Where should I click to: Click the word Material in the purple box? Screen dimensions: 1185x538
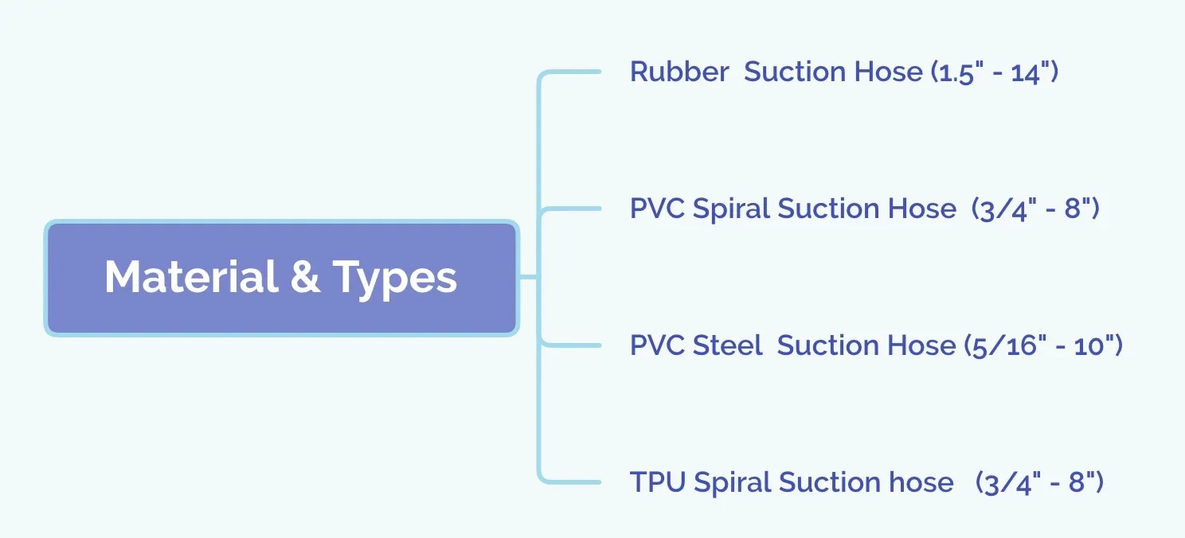191,276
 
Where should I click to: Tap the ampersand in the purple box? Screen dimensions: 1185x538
305,276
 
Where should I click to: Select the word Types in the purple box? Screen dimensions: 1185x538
395,279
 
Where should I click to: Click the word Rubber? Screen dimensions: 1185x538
679,72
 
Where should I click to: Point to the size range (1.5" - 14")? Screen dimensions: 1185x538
995,72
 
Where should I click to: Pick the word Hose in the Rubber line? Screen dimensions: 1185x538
888,72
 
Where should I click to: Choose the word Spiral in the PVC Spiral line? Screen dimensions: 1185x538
731,210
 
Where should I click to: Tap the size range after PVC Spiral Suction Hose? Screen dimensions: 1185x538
1035,209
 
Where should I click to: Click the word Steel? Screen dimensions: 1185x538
727,345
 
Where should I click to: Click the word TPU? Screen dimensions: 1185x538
658,482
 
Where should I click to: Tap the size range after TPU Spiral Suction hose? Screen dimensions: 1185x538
1039,482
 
